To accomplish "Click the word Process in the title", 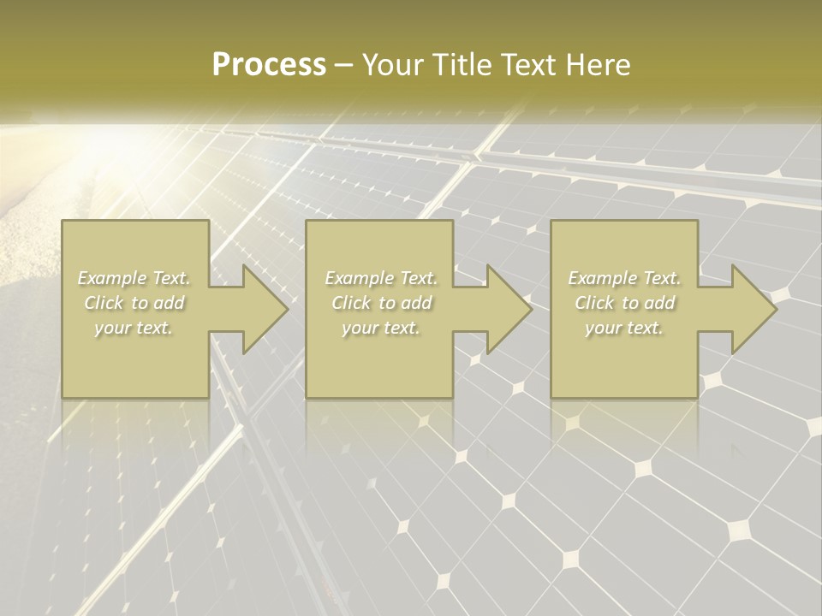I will pyautogui.click(x=269, y=65).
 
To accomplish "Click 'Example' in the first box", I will pyautogui.click(x=111, y=278).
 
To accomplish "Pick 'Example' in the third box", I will pyautogui.click(x=601, y=278).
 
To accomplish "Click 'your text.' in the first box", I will pyautogui.click(x=134, y=328).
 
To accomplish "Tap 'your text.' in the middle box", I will pyautogui.click(x=381, y=328).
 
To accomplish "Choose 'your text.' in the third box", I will pyautogui.click(x=624, y=328).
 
